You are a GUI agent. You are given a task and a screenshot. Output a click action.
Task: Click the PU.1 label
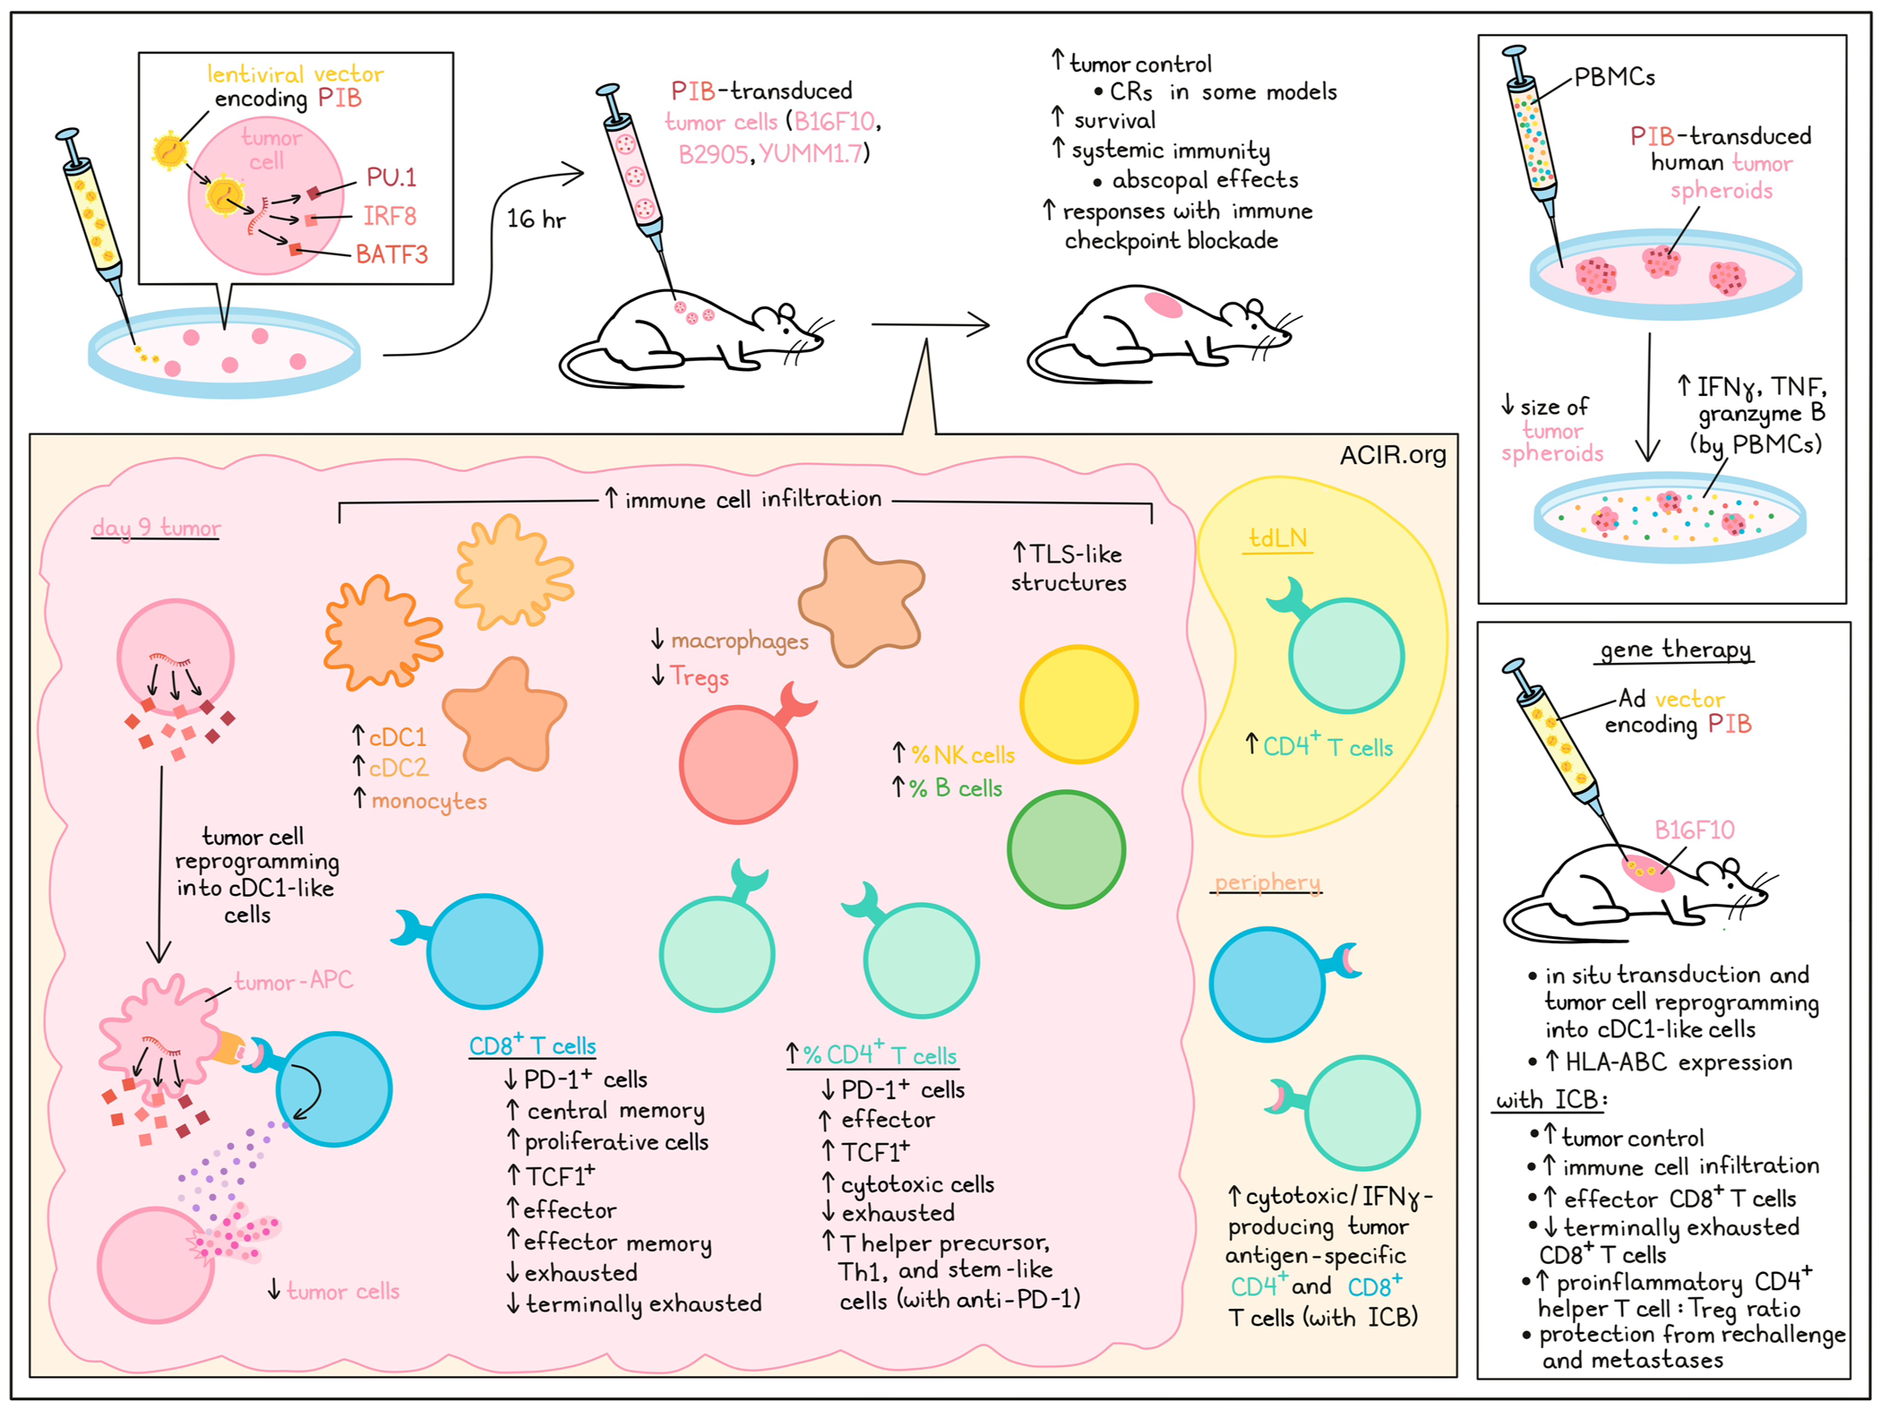click(391, 177)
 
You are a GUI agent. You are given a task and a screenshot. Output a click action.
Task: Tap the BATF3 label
click(391, 255)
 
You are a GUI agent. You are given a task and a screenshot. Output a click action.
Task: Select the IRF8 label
click(390, 216)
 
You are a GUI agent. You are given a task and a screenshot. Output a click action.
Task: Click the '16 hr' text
click(536, 219)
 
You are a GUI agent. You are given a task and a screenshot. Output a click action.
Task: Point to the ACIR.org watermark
click(1392, 455)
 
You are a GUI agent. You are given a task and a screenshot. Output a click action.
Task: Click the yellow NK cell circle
click(1078, 704)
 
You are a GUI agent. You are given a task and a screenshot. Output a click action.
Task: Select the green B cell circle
click(1066, 849)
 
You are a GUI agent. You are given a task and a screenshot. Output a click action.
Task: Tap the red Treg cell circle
click(738, 764)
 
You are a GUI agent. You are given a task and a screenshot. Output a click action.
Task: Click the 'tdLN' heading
click(1277, 538)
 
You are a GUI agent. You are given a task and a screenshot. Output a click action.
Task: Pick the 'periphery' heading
click(1267, 882)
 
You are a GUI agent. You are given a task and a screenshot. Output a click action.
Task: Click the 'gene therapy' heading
click(1675, 649)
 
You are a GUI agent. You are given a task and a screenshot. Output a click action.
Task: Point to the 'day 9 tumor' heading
click(156, 528)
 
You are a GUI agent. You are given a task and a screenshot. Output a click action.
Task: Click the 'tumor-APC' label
click(293, 981)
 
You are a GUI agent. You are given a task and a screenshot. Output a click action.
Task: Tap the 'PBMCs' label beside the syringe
click(1614, 77)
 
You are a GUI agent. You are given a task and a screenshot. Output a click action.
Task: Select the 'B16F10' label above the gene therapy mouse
click(1694, 830)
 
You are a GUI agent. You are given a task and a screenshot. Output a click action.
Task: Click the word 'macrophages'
click(739, 641)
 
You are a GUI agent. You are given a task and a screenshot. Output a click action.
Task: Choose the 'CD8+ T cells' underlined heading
click(532, 1045)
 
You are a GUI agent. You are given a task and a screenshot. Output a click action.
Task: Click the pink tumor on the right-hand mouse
click(1164, 305)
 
